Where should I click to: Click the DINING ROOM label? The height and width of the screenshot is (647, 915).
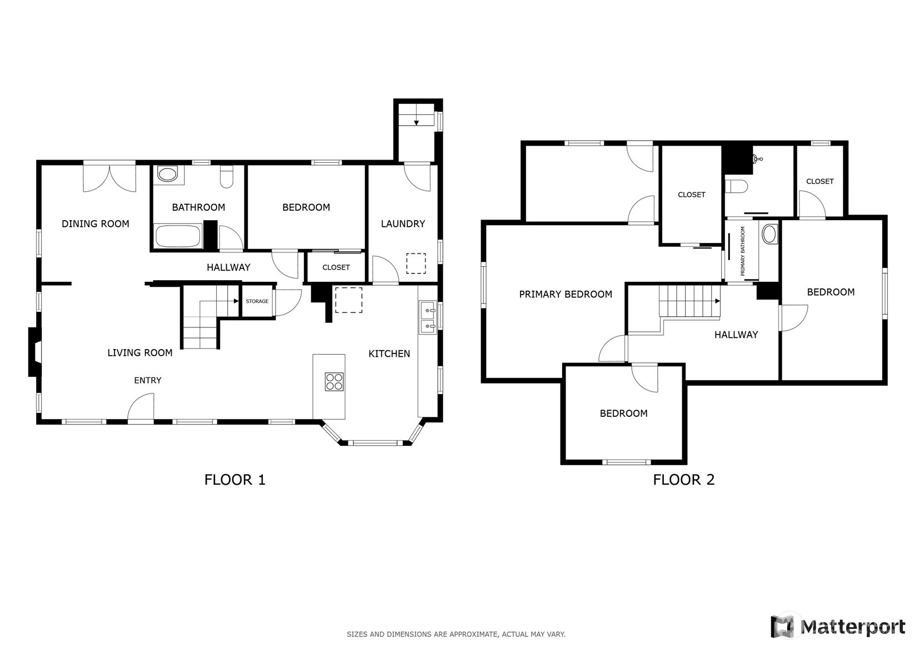(95, 223)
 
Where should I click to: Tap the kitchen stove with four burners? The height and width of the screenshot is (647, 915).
(334, 382)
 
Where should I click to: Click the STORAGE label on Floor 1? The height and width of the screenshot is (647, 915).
(257, 301)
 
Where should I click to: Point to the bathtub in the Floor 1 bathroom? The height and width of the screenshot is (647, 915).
(178, 236)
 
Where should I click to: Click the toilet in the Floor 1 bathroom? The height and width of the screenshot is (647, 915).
(226, 177)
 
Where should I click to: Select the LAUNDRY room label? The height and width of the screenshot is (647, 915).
(403, 223)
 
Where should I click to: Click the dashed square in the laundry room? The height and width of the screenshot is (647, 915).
(416, 263)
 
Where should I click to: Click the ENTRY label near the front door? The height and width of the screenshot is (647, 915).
(147, 381)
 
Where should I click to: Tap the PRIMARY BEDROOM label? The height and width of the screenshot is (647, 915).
(566, 294)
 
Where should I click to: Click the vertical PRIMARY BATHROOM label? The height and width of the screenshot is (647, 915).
(743, 251)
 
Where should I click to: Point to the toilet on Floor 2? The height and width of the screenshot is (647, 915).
(736, 187)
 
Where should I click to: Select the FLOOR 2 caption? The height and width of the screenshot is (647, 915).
(684, 480)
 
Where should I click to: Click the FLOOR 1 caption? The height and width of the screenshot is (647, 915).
(235, 480)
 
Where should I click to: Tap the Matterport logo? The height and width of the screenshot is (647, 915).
(838, 626)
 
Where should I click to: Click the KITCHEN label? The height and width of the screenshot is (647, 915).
(389, 354)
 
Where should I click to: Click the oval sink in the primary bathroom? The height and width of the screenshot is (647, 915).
(770, 234)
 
